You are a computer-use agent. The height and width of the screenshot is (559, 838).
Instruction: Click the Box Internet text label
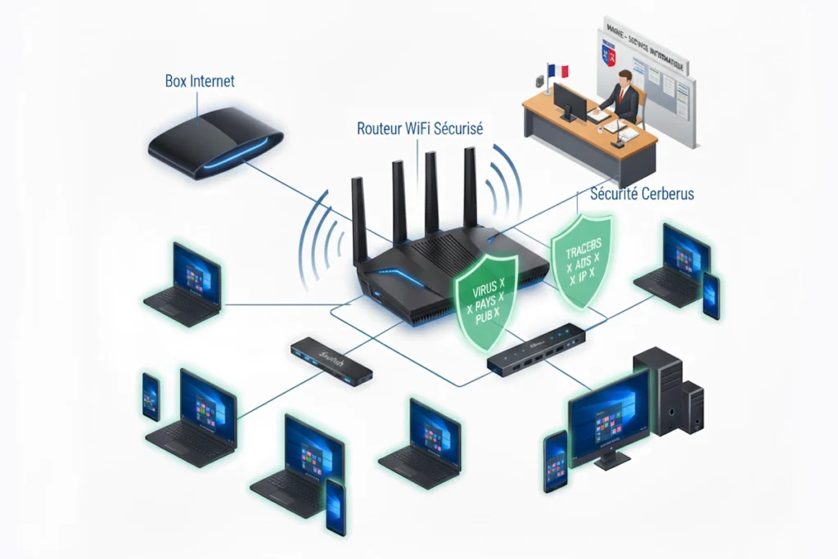click(200, 81)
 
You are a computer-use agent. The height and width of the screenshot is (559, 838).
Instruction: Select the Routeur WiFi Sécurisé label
click(420, 128)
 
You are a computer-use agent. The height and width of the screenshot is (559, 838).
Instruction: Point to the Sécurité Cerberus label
click(642, 194)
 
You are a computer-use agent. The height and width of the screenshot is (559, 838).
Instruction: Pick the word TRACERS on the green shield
click(583, 244)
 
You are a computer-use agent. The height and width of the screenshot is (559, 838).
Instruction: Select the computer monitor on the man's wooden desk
click(570, 101)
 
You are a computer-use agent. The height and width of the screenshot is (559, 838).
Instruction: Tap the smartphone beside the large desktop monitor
click(556, 462)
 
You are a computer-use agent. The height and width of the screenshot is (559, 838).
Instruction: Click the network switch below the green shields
click(536, 349)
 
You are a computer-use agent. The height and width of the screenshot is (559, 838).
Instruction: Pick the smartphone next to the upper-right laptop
click(710, 295)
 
